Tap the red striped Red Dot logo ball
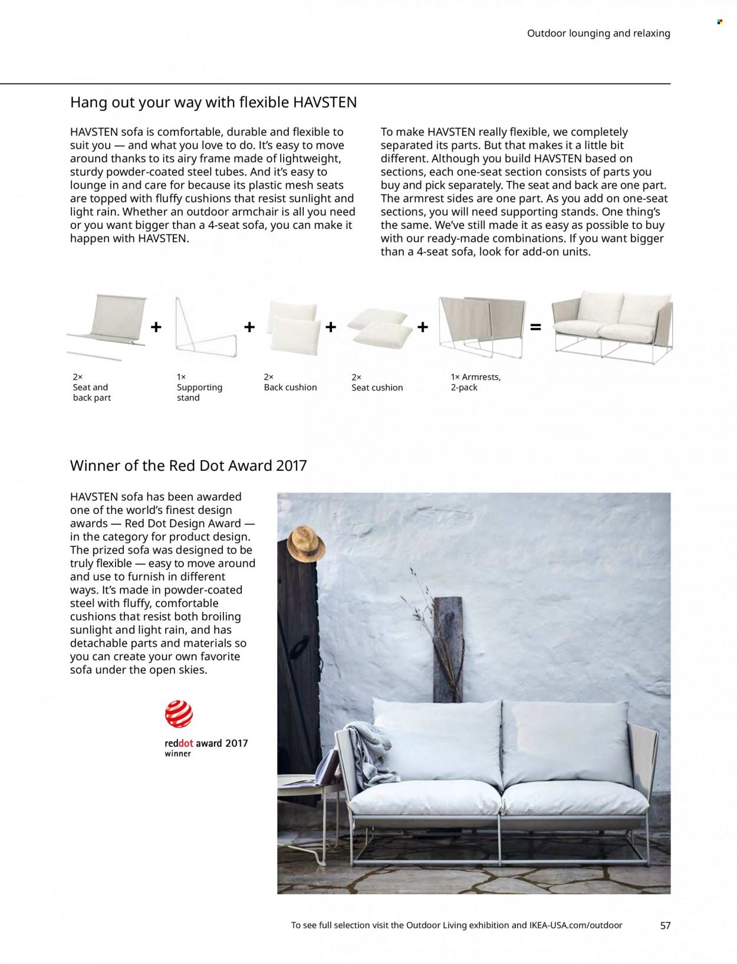pyautogui.click(x=179, y=713)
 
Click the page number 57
pyautogui.click(x=665, y=926)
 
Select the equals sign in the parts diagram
pyautogui.click(x=535, y=327)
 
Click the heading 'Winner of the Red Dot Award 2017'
pyautogui.click(x=188, y=465)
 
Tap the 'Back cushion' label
pyautogui.click(x=290, y=388)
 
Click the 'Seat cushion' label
pyautogui.click(x=377, y=388)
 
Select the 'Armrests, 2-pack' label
pyautogui.click(x=475, y=382)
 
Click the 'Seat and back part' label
pyautogui.click(x=91, y=392)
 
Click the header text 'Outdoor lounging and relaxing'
pyautogui.click(x=598, y=34)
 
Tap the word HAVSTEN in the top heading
pyautogui.click(x=325, y=103)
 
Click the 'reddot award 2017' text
pyautogui.click(x=206, y=743)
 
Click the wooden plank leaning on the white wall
pyautogui.click(x=449, y=648)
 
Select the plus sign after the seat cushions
pyautogui.click(x=423, y=327)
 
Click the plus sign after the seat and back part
pyautogui.click(x=156, y=327)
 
